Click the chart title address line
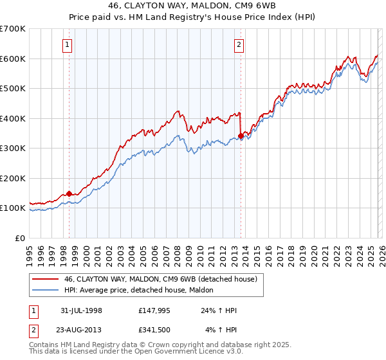tap(193, 6)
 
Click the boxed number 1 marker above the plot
tap(68, 45)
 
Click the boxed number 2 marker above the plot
tap(239, 45)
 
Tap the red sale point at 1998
tap(69, 194)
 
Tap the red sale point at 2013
tap(241, 136)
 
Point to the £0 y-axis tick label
tap(20, 238)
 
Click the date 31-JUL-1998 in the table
tap(79, 310)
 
